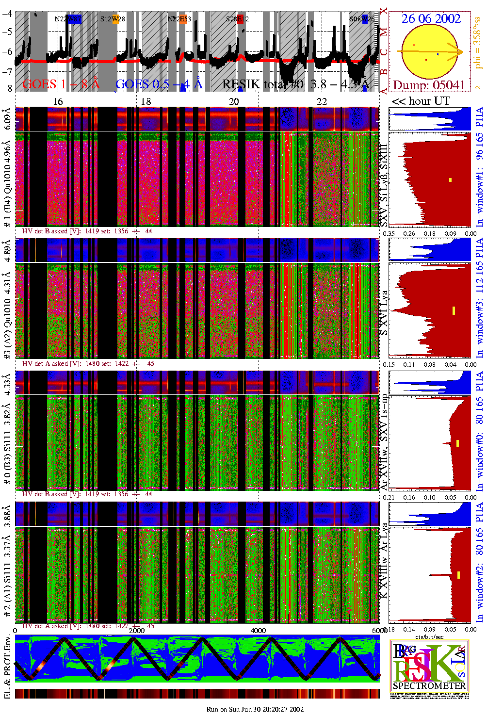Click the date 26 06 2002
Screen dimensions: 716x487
[431, 19]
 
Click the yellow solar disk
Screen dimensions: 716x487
[430, 51]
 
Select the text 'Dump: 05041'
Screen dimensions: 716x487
[429, 85]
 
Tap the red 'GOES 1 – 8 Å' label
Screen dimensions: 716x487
[61, 84]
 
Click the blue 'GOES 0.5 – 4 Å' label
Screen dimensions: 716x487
[159, 84]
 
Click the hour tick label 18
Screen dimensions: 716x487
[146, 101]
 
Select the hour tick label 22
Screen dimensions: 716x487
[322, 101]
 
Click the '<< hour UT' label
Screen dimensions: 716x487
[421, 101]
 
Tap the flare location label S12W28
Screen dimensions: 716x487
[113, 19]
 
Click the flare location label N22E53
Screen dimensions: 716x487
[179, 19]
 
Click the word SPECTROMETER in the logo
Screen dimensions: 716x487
[429, 686]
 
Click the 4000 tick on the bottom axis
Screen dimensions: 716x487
[258, 630]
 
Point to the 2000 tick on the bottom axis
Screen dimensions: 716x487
[136, 630]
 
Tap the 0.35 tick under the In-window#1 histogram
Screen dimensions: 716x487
[389, 233]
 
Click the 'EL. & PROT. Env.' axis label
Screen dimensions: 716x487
[7, 667]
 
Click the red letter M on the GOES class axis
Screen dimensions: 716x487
[384, 33]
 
